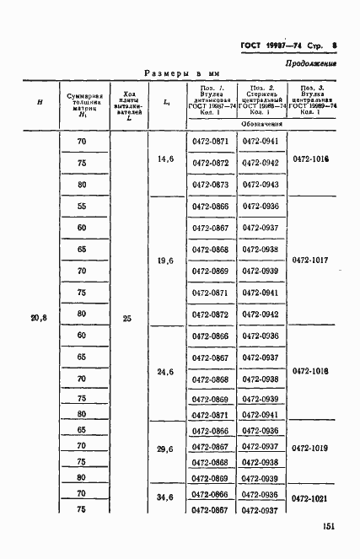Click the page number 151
(x=328, y=527)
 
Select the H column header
(x=40, y=103)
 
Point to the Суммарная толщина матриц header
(x=82, y=103)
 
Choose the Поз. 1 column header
(x=211, y=99)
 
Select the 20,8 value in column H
(x=40, y=318)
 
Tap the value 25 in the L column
(x=126, y=319)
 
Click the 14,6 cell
(x=165, y=159)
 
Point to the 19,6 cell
(x=165, y=261)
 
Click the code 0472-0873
(x=211, y=184)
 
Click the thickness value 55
(x=82, y=207)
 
